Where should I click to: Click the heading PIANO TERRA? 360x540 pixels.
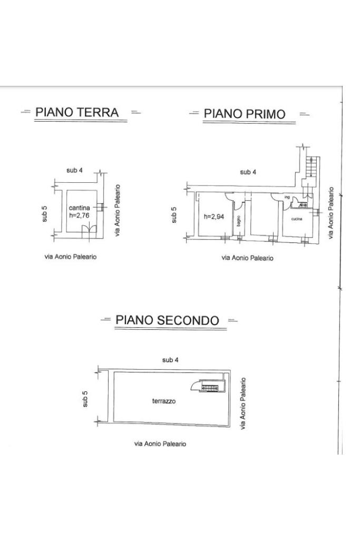[77, 112]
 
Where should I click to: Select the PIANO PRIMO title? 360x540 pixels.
[245, 114]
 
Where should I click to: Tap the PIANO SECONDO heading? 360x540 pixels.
[167, 320]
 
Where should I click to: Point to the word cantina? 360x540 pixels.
[80, 208]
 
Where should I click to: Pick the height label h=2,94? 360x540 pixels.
[213, 216]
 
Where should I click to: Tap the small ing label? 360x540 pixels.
[287, 198]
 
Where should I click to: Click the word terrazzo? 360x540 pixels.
[164, 401]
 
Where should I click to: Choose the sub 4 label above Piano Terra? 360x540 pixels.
[74, 170]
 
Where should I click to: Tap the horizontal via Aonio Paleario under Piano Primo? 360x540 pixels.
[248, 258]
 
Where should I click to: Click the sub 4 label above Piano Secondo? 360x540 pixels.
[170, 360]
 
